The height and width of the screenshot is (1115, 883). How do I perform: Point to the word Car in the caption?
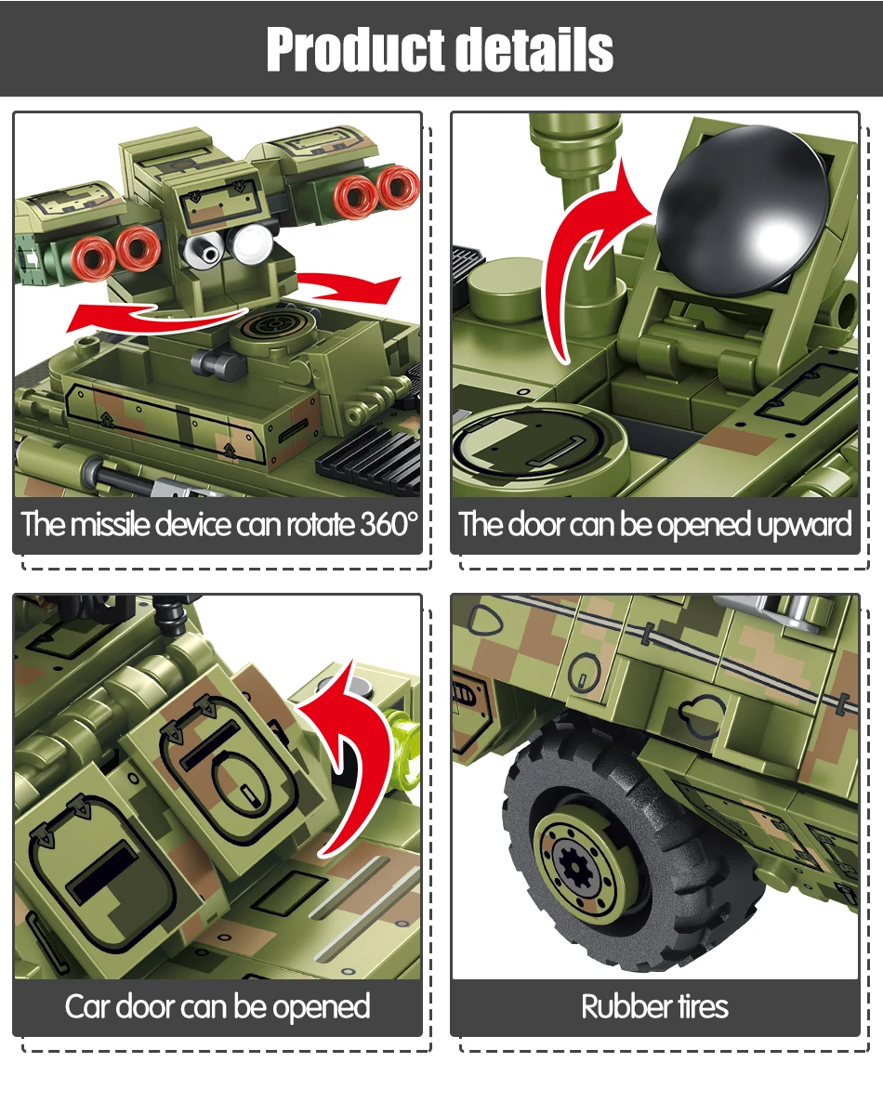pos(87,1007)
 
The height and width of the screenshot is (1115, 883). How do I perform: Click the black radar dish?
pos(743,210)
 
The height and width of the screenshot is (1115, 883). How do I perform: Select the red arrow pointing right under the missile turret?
pos(352,287)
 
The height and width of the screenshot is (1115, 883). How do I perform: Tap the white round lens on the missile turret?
pos(253,244)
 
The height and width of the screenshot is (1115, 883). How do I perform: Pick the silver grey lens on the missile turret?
pos(204,251)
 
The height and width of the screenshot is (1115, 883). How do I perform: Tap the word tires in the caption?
pos(702,1006)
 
